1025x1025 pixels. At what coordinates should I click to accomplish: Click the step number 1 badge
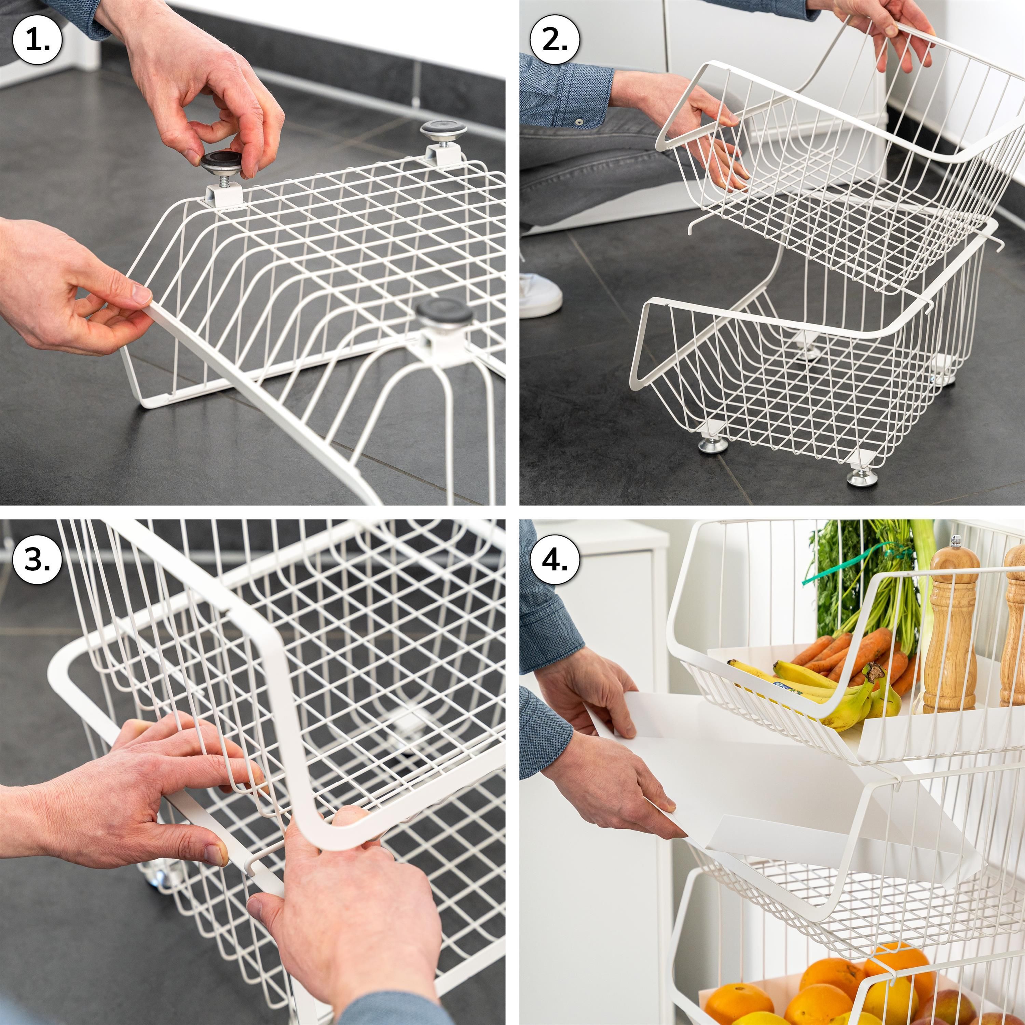coord(37,39)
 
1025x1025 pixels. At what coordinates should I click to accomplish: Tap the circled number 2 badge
coord(555,39)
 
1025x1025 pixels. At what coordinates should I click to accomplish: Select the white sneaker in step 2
coord(540,295)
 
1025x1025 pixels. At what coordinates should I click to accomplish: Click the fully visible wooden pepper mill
coord(954,626)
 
